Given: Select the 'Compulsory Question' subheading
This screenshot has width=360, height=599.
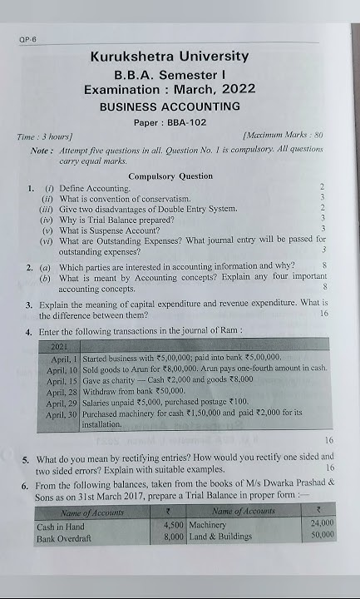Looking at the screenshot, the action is point(170,176).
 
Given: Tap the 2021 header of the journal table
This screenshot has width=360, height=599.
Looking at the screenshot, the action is point(60,344).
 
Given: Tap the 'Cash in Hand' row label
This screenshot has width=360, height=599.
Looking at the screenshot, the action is point(61,527).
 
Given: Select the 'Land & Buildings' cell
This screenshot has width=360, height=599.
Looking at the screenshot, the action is point(220,537).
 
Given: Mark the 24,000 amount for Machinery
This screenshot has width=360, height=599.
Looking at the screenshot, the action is point(321,522).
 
